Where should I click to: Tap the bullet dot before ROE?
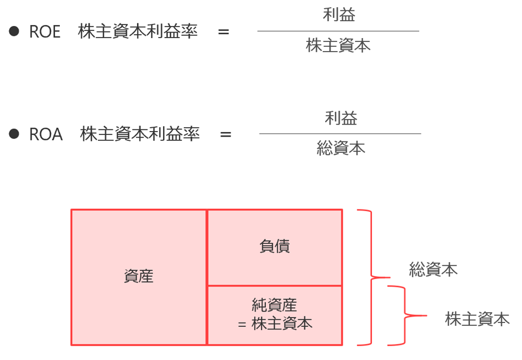pos(14,31)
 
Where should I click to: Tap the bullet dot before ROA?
pos(14,133)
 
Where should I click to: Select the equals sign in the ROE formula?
pos(223,32)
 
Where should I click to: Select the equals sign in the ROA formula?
pos(226,134)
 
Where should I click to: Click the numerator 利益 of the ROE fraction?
pos(339,15)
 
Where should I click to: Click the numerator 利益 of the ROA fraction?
pos(341,117)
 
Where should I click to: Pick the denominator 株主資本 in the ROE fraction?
pos(338,46)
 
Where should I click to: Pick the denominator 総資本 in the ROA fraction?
pos(341,148)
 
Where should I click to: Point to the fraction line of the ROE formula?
pos(338,31)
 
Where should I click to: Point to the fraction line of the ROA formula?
pos(340,133)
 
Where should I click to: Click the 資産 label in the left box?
pos(139,276)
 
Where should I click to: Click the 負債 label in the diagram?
pos(275,246)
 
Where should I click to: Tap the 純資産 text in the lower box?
pos(275,305)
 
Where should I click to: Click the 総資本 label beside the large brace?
pos(433,269)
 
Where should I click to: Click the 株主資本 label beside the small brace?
pos(477,319)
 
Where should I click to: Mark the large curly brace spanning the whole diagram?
pos(372,277)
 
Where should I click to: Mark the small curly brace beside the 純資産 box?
pos(405,315)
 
